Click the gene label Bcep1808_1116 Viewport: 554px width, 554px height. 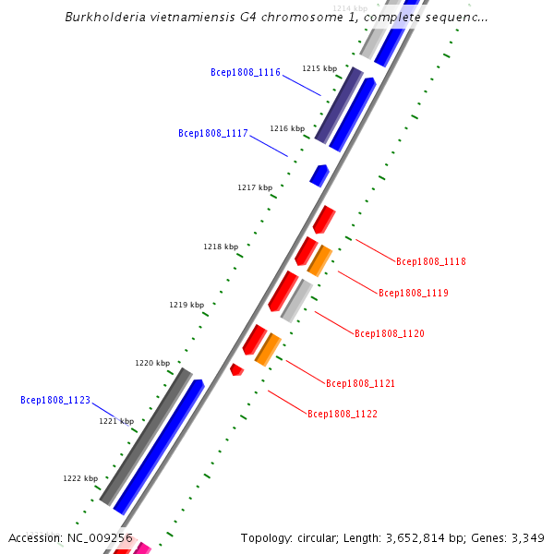point(246,72)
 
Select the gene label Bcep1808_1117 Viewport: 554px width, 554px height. point(213,133)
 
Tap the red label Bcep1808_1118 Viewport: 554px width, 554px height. point(431,261)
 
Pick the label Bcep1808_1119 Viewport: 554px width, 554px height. point(414,293)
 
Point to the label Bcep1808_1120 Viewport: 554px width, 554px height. point(390,333)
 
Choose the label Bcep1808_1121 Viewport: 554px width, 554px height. point(361,383)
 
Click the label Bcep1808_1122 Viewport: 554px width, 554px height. point(343,415)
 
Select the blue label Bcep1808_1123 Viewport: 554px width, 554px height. point(55,400)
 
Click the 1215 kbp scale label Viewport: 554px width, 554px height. point(319,68)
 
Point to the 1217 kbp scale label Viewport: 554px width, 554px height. point(255,187)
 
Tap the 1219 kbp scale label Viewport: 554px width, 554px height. point(187,305)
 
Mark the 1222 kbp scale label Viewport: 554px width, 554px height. point(80,478)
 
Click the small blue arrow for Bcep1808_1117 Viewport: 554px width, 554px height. point(319,175)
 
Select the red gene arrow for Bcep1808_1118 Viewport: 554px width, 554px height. point(323,220)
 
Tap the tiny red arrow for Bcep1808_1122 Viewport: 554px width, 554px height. point(236,369)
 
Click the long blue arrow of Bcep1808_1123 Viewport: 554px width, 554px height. point(158,447)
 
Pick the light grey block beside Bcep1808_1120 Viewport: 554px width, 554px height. point(296,300)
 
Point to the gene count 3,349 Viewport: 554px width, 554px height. point(525,538)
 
